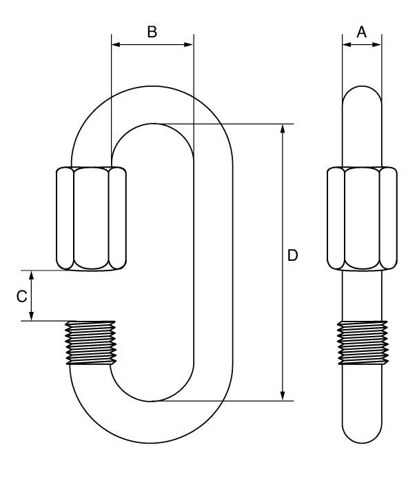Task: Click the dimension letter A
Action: tap(362, 32)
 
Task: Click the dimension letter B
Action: tap(152, 32)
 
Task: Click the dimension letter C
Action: tap(22, 296)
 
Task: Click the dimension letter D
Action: tap(293, 255)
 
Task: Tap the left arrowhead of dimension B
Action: tap(116, 45)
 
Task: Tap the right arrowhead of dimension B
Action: tap(188, 45)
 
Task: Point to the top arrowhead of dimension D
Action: tap(283, 129)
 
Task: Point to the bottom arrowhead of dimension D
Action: tap(283, 396)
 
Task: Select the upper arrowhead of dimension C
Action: tap(31, 275)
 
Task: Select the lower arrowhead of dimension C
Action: tap(31, 316)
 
